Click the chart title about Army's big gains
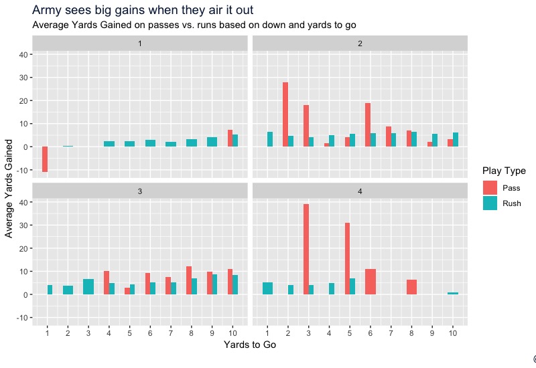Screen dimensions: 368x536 pyautogui.click(x=143, y=11)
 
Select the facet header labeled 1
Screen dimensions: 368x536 pyautogui.click(x=139, y=43)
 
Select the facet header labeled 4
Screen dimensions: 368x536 pyautogui.click(x=360, y=191)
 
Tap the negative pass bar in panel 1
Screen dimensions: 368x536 pyautogui.click(x=45, y=159)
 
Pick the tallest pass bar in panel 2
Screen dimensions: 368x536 pyautogui.click(x=285, y=114)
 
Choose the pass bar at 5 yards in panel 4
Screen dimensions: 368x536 pyautogui.click(x=347, y=258)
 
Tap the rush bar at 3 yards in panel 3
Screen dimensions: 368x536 pyautogui.click(x=88, y=286)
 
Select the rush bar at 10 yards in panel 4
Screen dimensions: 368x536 pyautogui.click(x=453, y=293)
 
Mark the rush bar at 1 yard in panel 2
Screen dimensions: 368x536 pyautogui.click(x=270, y=139)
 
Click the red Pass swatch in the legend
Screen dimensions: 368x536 pyautogui.click(x=490, y=188)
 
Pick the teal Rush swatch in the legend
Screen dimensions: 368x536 pyautogui.click(x=490, y=204)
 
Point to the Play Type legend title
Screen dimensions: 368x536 pyautogui.click(x=503, y=171)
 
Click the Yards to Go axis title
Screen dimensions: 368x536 pyautogui.click(x=249, y=345)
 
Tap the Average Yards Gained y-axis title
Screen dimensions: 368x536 pyautogui.click(x=9, y=188)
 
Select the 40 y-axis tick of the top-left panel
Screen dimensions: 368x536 pyautogui.click(x=22, y=55)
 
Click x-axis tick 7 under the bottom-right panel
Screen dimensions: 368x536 pyautogui.click(x=391, y=332)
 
